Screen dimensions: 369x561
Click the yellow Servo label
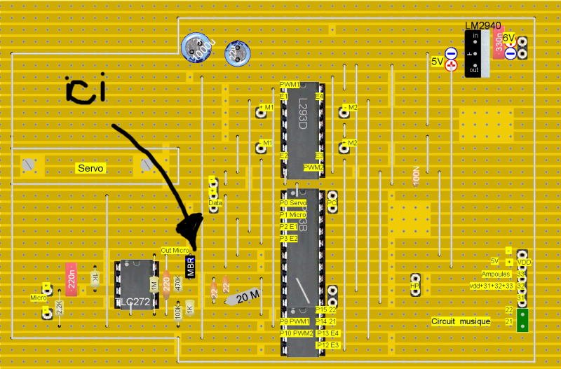coord(90,169)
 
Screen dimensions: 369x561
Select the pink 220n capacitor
coord(71,279)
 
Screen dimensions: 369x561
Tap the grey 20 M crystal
coord(243,298)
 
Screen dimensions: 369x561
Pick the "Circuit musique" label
coord(461,321)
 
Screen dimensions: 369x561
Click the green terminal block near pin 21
coord(522,321)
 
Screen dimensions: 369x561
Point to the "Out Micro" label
coord(175,250)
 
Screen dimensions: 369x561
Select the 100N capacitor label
coord(416,176)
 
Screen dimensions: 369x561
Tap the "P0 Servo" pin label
coord(293,202)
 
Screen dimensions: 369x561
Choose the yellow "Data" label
coord(215,202)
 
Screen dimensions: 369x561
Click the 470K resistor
coord(177,284)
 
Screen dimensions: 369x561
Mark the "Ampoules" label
coord(495,274)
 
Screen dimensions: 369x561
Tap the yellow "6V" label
coord(508,37)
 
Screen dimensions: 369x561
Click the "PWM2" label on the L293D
coord(313,167)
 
